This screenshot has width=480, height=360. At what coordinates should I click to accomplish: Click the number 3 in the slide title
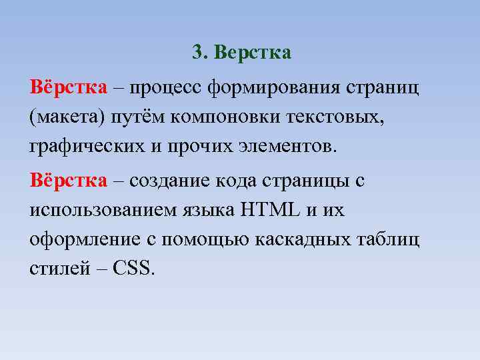click(197, 53)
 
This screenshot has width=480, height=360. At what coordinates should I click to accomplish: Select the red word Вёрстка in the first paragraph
click(68, 88)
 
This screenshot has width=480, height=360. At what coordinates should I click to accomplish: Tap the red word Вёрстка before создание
click(68, 181)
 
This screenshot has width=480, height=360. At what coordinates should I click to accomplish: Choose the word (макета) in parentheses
click(61, 117)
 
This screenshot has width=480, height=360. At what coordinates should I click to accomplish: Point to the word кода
click(236, 181)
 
